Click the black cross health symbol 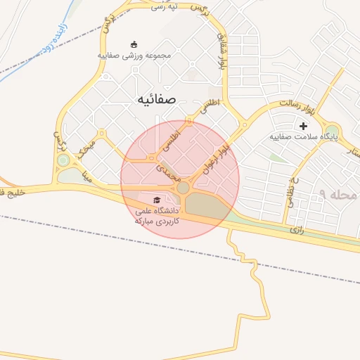303,127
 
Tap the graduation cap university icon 156,201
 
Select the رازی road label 297,229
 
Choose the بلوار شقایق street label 221,49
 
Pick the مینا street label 86,174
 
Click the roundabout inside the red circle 183,188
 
